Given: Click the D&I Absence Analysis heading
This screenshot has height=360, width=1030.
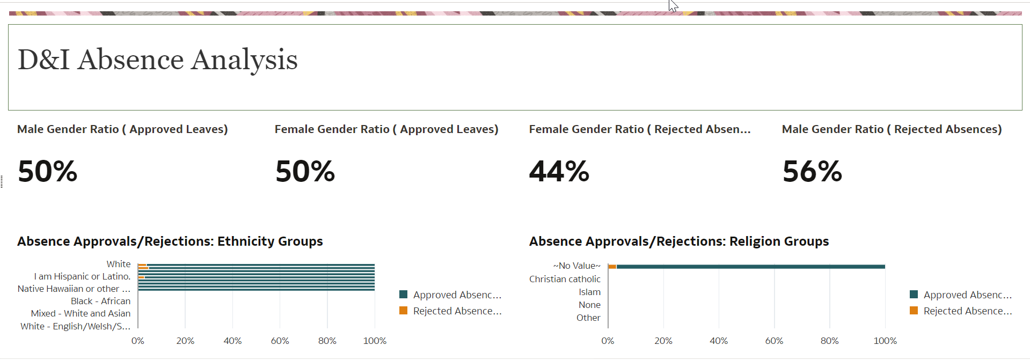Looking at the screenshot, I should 157,60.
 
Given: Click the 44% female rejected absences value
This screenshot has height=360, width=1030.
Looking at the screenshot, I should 559,172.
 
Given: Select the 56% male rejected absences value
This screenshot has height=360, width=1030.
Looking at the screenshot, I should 812,172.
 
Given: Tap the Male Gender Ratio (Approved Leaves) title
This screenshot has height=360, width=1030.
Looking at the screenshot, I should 122,129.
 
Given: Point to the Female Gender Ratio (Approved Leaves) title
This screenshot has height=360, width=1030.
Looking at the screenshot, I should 386,129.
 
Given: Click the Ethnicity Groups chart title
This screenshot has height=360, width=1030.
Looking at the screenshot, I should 170,241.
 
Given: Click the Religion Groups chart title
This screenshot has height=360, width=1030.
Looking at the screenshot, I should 678,241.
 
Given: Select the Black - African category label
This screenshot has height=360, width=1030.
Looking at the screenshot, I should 100,301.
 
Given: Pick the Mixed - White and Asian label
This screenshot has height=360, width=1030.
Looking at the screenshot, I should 81,313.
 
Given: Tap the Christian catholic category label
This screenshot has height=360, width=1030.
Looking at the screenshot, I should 565,279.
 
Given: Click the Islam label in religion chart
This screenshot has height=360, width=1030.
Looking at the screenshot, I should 589,292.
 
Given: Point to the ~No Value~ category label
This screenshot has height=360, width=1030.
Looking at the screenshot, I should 576,266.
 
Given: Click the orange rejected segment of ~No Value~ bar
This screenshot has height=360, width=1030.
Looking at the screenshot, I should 612,267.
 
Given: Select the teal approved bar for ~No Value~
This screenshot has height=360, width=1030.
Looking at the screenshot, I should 751,267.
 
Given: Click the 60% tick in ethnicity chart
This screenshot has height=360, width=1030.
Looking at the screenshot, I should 280,341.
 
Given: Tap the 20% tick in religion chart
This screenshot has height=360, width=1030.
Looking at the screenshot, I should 663,341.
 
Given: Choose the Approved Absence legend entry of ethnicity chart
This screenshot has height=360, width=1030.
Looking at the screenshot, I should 456,295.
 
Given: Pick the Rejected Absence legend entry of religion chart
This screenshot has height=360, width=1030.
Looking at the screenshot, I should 967,311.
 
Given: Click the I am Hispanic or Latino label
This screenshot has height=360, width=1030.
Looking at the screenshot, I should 82,276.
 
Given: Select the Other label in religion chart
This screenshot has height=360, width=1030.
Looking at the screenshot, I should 588,318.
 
